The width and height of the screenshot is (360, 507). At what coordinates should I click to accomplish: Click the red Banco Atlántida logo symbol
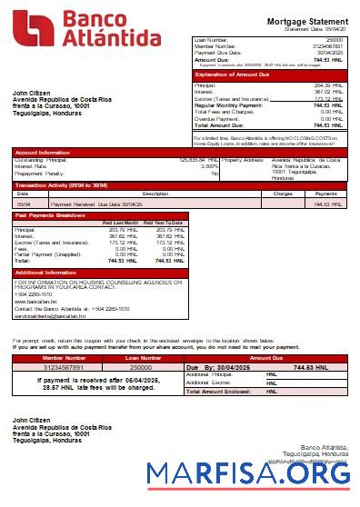pyautogui.click(x=32, y=29)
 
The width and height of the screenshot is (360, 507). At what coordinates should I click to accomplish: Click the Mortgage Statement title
pyautogui.click(x=306, y=21)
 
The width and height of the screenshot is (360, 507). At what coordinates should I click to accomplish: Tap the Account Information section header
pyautogui.click(x=42, y=152)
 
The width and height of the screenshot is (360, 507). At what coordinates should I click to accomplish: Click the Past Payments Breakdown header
pyautogui.click(x=53, y=215)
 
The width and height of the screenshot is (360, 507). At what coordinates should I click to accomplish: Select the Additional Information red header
pyautogui.click(x=46, y=273)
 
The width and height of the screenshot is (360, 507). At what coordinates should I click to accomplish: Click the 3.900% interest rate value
pyautogui.click(x=208, y=166)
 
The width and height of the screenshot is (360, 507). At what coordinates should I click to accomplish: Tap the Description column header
pyautogui.click(x=130, y=194)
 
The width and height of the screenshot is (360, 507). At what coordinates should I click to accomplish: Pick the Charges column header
pyautogui.click(x=283, y=194)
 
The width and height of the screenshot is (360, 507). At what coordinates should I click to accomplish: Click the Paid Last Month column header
pyautogui.click(x=120, y=223)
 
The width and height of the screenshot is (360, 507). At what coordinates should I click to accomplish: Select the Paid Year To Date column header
pyautogui.click(x=164, y=223)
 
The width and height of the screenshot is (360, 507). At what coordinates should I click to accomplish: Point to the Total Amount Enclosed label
pyautogui.click(x=218, y=391)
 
